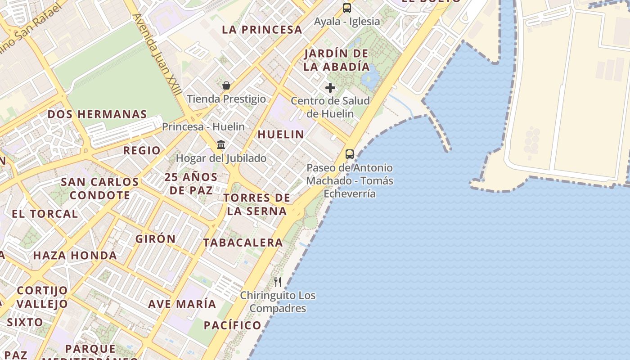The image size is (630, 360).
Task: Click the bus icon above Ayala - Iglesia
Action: click(x=346, y=8)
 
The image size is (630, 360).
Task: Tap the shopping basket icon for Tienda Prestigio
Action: click(x=226, y=85)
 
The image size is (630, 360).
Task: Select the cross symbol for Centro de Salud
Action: click(x=330, y=88)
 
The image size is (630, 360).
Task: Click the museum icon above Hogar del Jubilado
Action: click(x=221, y=145)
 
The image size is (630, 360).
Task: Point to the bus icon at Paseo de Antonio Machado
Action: click(x=350, y=154)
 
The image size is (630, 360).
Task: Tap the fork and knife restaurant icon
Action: click(x=278, y=282)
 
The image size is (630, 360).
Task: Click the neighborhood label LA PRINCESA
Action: click(x=262, y=30)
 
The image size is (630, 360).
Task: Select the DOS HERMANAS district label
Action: click(x=97, y=114)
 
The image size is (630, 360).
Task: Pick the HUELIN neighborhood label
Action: click(x=281, y=134)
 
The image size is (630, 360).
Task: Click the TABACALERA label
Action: click(x=243, y=243)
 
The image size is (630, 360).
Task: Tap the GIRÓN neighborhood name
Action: click(x=156, y=238)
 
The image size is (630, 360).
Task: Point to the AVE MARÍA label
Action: click(x=182, y=304)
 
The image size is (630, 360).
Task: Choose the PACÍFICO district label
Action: click(x=232, y=325)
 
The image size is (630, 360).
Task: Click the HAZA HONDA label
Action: click(x=75, y=256)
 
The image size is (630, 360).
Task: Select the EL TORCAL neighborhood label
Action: click(x=45, y=214)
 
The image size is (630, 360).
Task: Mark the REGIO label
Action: click(x=142, y=150)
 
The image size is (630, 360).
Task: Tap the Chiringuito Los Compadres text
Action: click(x=278, y=302)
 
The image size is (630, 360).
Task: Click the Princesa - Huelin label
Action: click(x=203, y=127)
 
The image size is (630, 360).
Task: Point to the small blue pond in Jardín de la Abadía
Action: click(x=371, y=79)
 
